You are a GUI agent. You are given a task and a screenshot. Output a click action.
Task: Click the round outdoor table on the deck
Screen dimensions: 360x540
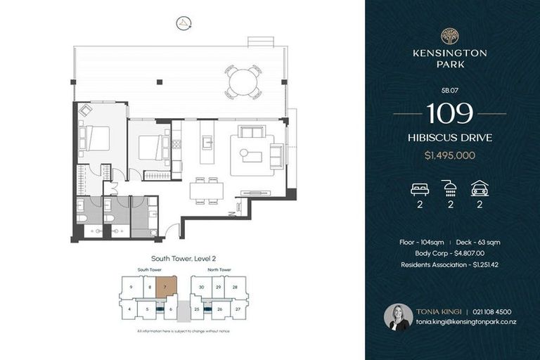[x=243, y=82]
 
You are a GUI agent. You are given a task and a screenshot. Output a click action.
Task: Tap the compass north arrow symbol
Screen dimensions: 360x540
[x=184, y=23]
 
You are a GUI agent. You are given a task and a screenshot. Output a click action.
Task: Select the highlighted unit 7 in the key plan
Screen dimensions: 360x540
[x=165, y=286]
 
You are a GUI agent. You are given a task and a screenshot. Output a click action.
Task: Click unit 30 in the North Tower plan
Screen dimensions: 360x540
[x=201, y=286]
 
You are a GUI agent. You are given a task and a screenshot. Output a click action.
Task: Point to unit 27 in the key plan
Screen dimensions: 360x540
[x=238, y=309]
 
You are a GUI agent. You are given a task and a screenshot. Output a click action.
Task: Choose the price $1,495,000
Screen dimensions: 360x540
[x=449, y=155]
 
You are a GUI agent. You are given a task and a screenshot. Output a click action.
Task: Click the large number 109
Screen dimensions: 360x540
[x=449, y=113]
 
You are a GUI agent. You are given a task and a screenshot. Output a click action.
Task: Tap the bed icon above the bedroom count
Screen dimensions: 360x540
[x=419, y=188]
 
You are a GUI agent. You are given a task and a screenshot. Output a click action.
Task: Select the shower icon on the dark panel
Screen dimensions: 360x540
[x=449, y=188]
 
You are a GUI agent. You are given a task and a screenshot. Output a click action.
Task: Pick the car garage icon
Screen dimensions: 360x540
[x=480, y=188]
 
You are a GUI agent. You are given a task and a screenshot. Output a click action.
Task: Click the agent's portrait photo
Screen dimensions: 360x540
[x=398, y=317]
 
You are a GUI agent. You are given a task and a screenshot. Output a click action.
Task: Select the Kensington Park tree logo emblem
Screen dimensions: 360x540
[x=449, y=36]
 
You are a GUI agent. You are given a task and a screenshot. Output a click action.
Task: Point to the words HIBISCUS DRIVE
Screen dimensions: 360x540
[x=449, y=138]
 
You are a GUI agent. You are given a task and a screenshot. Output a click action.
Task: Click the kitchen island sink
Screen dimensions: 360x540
[x=207, y=143]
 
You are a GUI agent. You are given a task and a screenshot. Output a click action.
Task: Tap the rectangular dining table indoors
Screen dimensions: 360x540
[x=206, y=191]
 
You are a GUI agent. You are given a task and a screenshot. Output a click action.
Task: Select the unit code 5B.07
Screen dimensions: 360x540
[x=449, y=90]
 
